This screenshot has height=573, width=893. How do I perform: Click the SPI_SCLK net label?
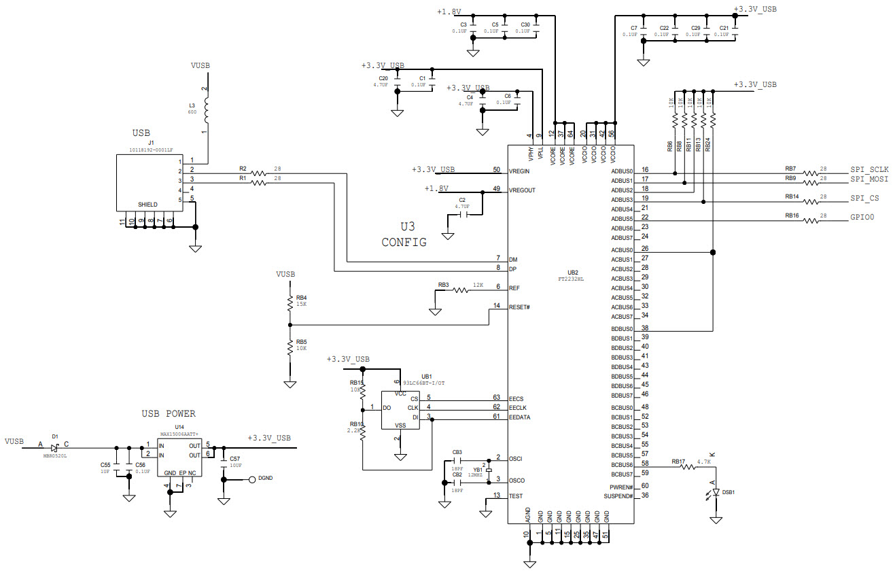(869, 169)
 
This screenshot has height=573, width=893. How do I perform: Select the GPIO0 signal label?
(862, 218)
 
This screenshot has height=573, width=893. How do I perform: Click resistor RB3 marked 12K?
(460, 290)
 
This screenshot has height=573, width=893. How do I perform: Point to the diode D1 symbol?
(55, 447)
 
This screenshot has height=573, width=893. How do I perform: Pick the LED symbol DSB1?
(716, 491)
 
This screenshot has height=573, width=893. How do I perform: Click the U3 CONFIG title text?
(404, 235)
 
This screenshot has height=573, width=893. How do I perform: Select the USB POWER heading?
(168, 413)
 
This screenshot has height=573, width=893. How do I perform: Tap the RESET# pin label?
(519, 307)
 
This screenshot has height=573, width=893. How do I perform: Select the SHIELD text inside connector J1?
(147, 205)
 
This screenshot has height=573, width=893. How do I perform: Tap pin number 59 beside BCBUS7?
(645, 473)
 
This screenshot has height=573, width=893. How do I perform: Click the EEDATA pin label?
(521, 417)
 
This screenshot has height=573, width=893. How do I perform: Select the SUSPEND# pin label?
(618, 496)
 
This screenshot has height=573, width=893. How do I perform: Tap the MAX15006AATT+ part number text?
(179, 433)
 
